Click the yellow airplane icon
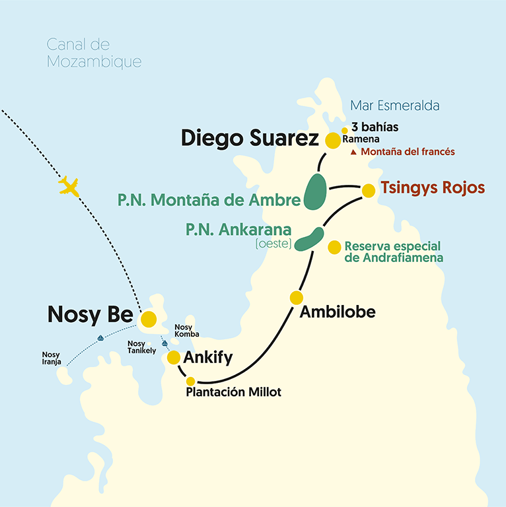click(69, 186)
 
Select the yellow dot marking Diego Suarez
click(332, 140)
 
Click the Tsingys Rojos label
click(432, 187)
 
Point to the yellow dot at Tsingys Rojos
click(369, 190)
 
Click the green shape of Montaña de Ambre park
click(316, 191)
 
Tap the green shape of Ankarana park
click(309, 240)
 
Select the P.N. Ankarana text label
click(238, 230)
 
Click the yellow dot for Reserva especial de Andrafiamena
click(335, 247)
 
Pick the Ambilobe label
click(337, 312)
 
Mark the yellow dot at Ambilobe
click(297, 298)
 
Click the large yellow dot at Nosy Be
click(149, 319)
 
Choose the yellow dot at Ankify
click(174, 358)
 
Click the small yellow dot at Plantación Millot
click(191, 381)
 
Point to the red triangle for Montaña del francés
click(353, 152)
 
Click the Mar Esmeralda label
click(394, 106)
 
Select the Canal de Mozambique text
click(94, 53)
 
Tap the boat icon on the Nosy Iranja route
click(100, 339)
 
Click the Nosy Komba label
click(187, 331)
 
